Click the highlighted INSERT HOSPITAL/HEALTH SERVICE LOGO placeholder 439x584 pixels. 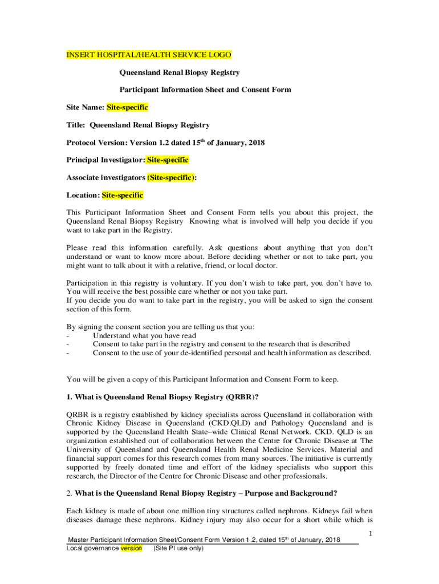pos(149,55)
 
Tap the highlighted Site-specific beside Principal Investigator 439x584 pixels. pos(168,160)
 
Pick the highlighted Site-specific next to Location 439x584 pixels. pos(122,195)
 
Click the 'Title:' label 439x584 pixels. pos(76,125)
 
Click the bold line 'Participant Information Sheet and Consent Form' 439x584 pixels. pos(205,90)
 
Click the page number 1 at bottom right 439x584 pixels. pos(370,534)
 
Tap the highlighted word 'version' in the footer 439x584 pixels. pos(131,549)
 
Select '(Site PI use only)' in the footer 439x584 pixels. pos(178,549)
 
